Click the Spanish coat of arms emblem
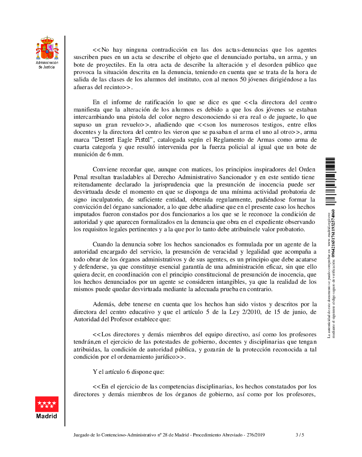pyautogui.click(x=48, y=48)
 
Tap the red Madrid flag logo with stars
pyautogui.click(x=47, y=404)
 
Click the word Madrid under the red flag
pyautogui.click(x=47, y=416)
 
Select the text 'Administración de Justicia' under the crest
pyautogui.click(x=48, y=64)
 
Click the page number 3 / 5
pyautogui.click(x=300, y=435)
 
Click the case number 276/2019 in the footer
pyautogui.click(x=255, y=435)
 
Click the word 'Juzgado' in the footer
pyautogui.click(x=83, y=435)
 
